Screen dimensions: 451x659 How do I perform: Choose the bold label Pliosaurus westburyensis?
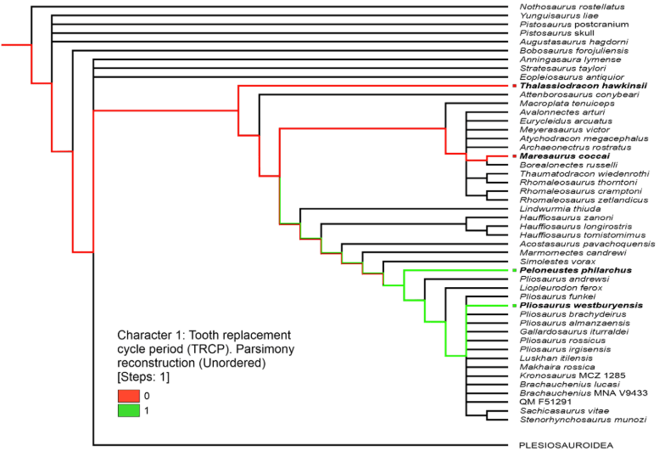point(581,305)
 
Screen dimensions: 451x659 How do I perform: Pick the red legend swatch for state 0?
point(128,396)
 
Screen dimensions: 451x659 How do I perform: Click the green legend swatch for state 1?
point(128,411)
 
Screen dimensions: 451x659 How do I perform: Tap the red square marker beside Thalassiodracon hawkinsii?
point(513,86)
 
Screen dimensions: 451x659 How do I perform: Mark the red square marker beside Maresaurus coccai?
point(513,156)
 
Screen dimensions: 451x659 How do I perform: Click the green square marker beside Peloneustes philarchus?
point(513,270)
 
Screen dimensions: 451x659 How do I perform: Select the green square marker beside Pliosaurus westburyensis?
point(513,305)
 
